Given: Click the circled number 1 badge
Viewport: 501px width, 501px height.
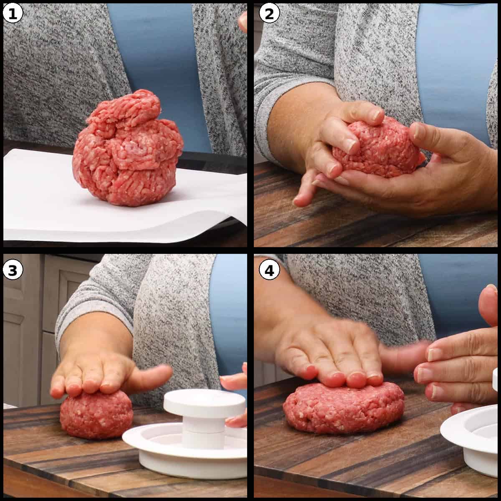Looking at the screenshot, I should point(12,14).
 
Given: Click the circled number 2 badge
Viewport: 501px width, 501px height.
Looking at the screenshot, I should point(269,14).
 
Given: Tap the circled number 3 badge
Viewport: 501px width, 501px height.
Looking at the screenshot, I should point(12,271).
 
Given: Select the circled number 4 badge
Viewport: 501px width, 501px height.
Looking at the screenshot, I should point(269,271).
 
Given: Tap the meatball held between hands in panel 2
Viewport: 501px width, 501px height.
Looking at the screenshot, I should point(376,150).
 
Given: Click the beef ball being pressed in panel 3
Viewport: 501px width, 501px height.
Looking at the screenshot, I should point(96,415).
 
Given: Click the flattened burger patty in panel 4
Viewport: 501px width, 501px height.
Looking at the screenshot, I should point(342,407).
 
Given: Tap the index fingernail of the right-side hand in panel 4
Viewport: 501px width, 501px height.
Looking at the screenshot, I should point(435,354).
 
